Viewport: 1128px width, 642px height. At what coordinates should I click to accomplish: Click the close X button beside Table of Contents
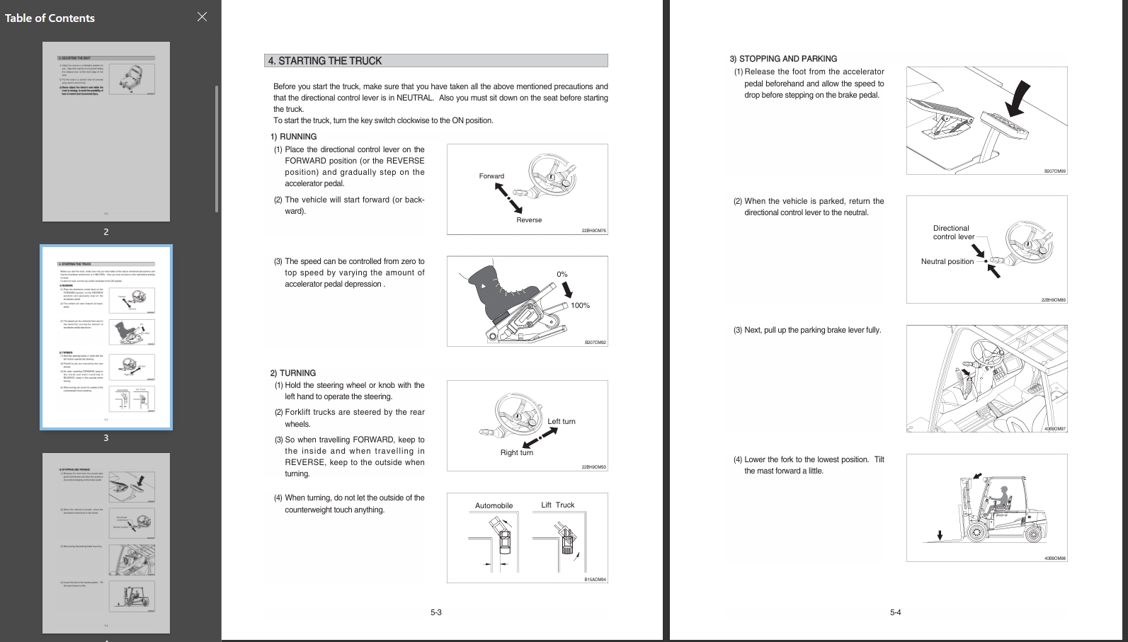click(202, 17)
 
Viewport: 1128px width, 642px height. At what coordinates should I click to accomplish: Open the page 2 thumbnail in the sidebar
click(106, 132)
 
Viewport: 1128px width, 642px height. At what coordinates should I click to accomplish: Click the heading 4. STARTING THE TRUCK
click(325, 61)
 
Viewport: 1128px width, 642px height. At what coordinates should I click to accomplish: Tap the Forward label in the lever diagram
click(491, 176)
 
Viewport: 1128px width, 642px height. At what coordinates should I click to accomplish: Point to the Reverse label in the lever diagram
click(529, 220)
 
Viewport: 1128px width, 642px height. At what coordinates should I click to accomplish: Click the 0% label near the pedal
click(562, 274)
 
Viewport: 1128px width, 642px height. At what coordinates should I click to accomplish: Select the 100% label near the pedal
click(580, 306)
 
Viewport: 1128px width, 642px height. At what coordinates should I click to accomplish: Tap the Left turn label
click(562, 422)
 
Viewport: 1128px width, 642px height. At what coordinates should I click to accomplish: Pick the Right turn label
click(517, 453)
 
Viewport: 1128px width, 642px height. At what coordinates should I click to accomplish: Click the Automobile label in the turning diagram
click(494, 505)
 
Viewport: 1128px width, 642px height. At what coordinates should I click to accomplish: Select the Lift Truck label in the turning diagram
click(558, 505)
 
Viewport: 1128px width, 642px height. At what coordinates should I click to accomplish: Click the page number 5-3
click(436, 612)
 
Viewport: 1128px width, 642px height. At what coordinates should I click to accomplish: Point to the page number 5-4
click(896, 612)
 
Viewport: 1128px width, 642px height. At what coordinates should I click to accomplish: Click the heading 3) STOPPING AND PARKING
click(783, 59)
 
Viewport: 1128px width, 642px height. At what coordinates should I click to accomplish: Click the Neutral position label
click(947, 262)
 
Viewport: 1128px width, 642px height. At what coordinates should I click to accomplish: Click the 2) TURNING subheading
click(293, 373)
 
